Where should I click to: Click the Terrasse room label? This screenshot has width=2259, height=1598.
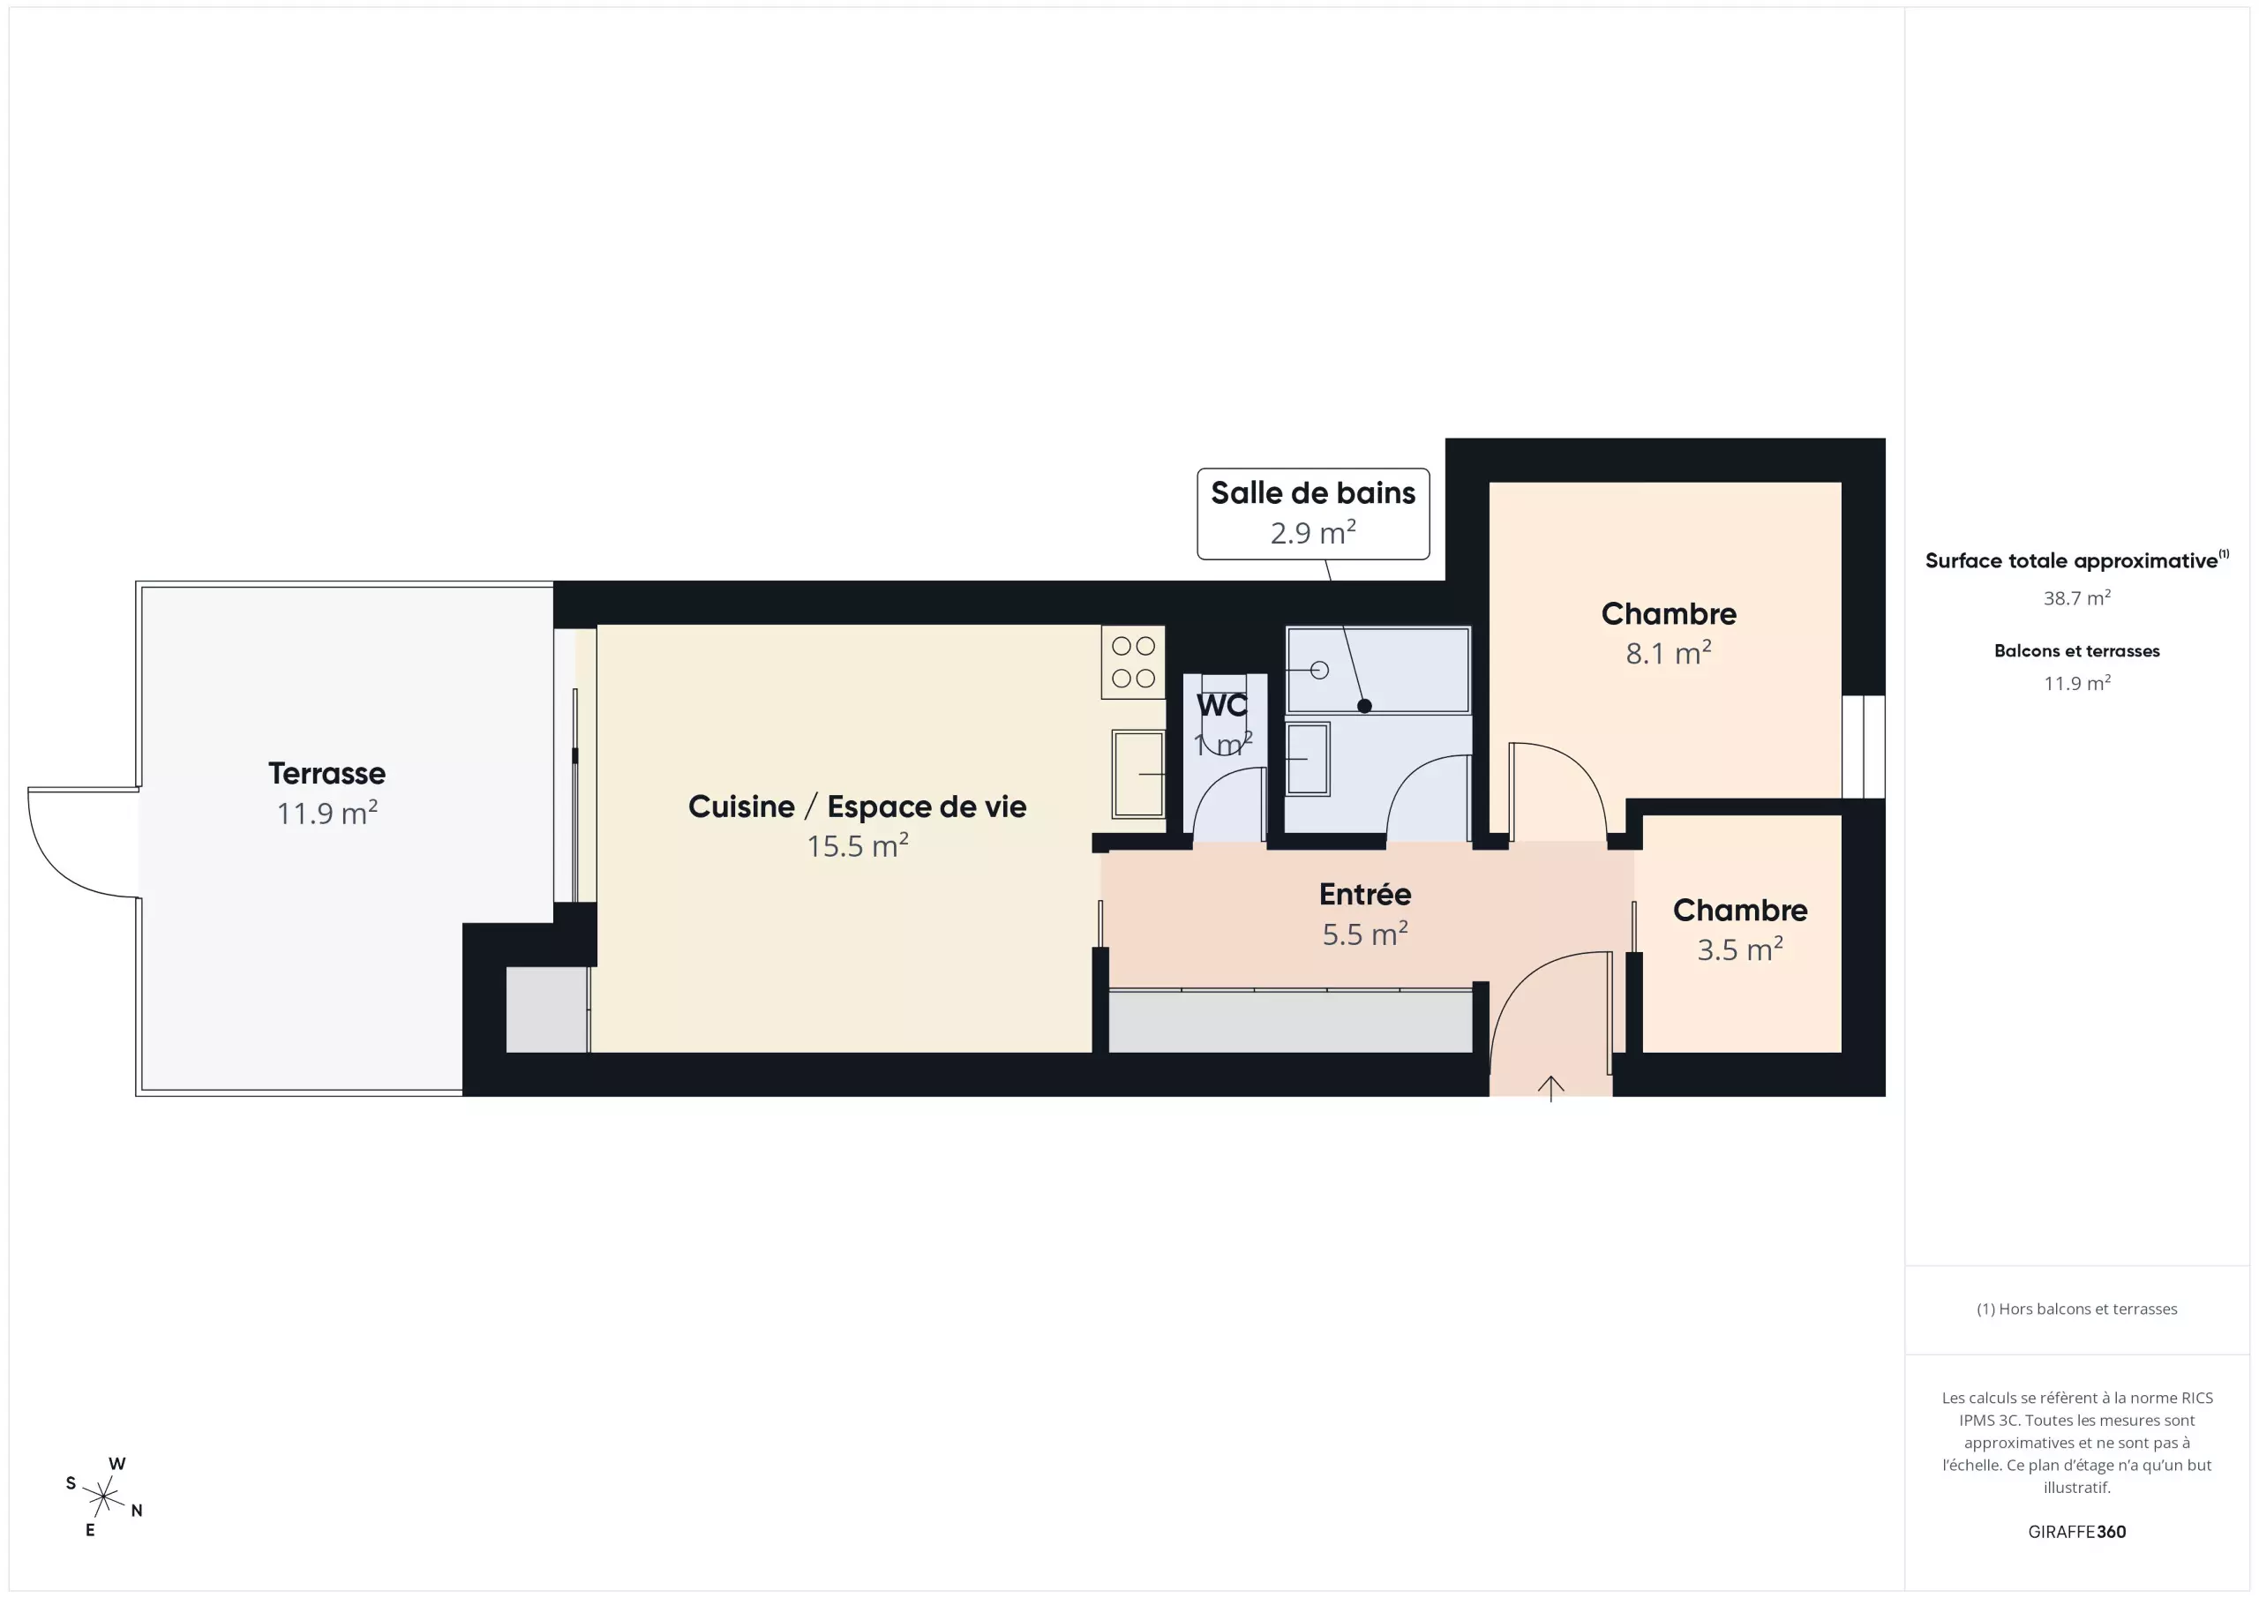(x=326, y=774)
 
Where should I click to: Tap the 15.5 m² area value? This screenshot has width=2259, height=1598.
(x=857, y=845)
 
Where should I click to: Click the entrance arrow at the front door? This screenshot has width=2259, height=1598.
(x=1550, y=1087)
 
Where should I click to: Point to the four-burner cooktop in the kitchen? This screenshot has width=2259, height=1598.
(x=1133, y=662)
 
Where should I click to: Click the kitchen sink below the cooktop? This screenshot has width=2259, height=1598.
(x=1138, y=774)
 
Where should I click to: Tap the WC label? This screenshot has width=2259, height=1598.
(x=1222, y=706)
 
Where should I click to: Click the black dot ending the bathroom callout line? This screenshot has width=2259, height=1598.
(x=1364, y=706)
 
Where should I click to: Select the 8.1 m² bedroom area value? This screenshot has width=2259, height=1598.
(x=1669, y=652)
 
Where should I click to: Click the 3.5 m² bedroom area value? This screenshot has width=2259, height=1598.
(x=1739, y=949)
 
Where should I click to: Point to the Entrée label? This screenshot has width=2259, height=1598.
(x=1364, y=895)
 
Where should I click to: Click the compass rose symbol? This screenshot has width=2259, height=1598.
(x=103, y=1497)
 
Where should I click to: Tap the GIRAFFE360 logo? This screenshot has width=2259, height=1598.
(x=2077, y=1532)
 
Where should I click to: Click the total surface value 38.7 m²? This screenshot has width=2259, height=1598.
(x=2077, y=598)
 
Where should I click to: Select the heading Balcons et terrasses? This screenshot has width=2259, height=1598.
(x=2077, y=651)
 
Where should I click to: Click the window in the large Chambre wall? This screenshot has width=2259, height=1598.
(x=1864, y=746)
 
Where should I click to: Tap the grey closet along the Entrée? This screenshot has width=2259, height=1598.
(x=1290, y=1020)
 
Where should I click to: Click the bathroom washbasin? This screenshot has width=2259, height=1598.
(x=1308, y=759)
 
